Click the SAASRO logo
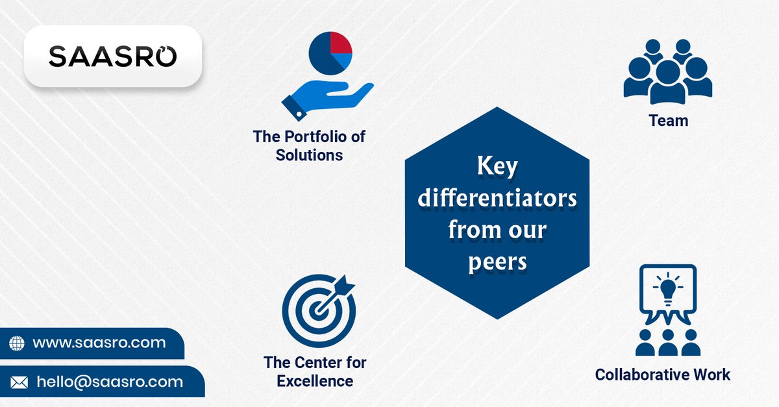pyautogui.click(x=112, y=56)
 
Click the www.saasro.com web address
pyautogui.click(x=99, y=343)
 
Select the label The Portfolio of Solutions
pyautogui.click(x=309, y=146)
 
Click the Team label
pyautogui.click(x=668, y=121)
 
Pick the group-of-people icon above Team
pyautogui.click(x=668, y=71)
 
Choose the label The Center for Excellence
pyautogui.click(x=315, y=371)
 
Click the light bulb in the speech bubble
pyautogui.click(x=668, y=290)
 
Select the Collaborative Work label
pyautogui.click(x=662, y=375)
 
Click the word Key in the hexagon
pyautogui.click(x=497, y=167)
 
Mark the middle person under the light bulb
pyautogui.click(x=668, y=341)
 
